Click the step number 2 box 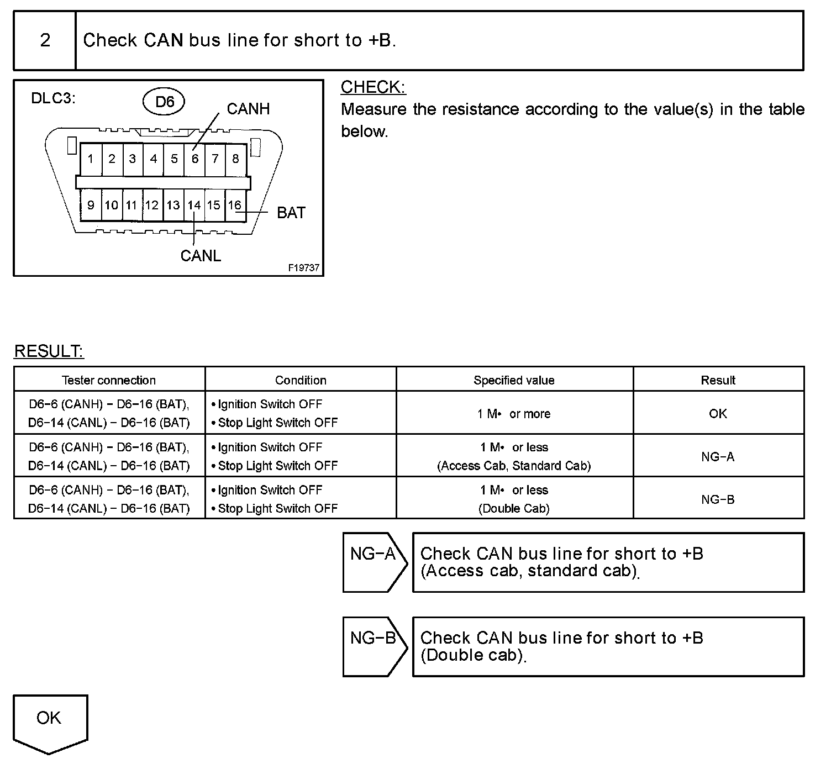click(45, 40)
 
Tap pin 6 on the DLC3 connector click(194, 159)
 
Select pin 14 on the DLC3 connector click(194, 206)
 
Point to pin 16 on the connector click(235, 206)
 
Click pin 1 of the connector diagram click(91, 159)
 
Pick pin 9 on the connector click(91, 206)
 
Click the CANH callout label click(248, 109)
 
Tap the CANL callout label click(201, 256)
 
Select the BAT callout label click(291, 213)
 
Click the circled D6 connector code click(164, 102)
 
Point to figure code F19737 click(303, 267)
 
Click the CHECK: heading click(373, 87)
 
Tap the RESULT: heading click(49, 351)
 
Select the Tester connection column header click(109, 380)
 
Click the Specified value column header click(514, 380)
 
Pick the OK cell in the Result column click(718, 414)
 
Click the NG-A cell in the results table click(718, 457)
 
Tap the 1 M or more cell click(514, 414)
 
